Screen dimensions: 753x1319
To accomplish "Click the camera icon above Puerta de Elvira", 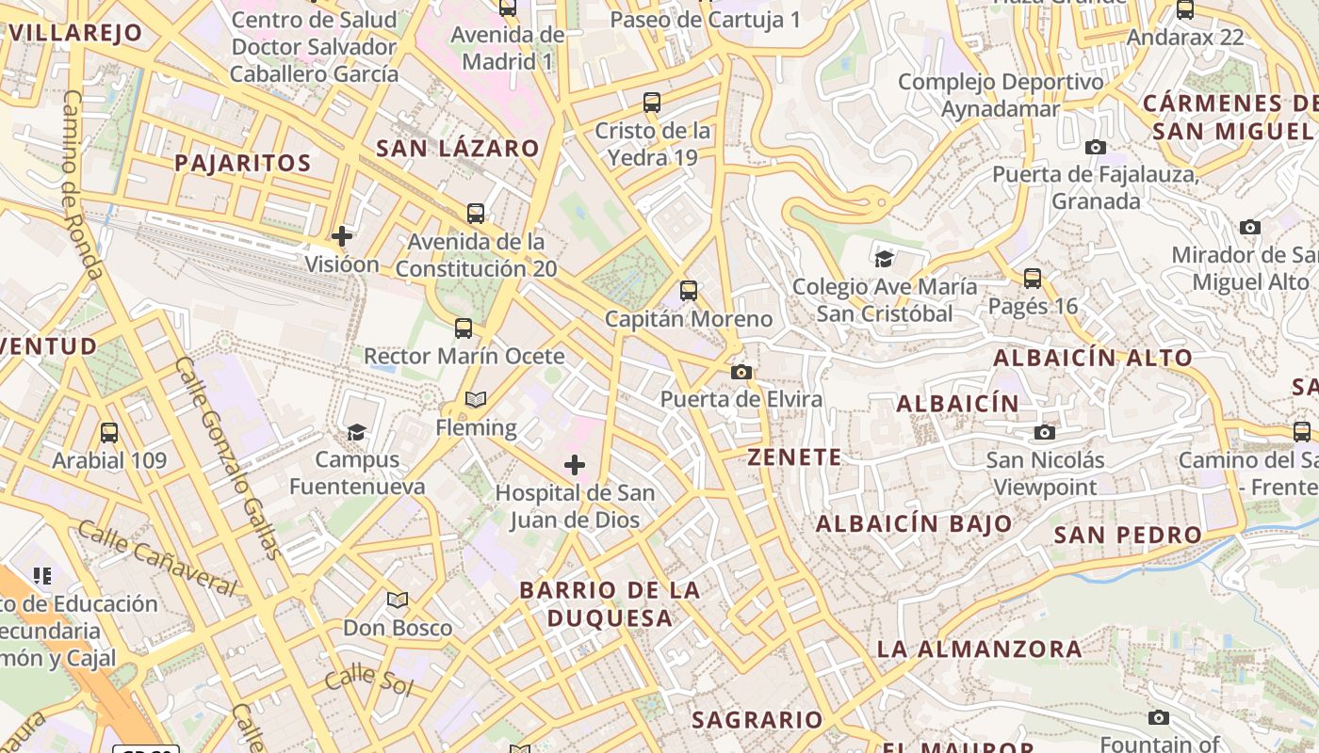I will [x=741, y=372].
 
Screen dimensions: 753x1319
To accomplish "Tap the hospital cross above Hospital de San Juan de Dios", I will [x=574, y=465].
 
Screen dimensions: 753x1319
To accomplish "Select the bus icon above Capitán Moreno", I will [x=689, y=291].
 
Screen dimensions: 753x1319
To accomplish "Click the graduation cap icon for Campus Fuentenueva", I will [x=356, y=432].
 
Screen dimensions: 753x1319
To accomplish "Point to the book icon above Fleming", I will [x=476, y=400].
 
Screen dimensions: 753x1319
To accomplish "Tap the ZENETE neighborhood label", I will [x=794, y=457].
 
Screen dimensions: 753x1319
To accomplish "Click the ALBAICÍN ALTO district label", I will [x=1093, y=358].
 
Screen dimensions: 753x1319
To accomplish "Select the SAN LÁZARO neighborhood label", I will [x=458, y=148].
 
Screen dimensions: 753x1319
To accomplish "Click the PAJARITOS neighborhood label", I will [x=243, y=163].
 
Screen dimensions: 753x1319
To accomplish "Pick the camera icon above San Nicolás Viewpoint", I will [x=1044, y=432].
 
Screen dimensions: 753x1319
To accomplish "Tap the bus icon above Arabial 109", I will [x=109, y=433].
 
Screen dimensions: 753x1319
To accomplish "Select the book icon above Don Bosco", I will [x=398, y=600].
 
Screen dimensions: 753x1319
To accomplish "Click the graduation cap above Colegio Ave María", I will [x=884, y=259].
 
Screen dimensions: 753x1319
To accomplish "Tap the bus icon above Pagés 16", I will [x=1033, y=279].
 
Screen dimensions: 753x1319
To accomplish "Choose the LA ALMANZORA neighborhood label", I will [x=980, y=649].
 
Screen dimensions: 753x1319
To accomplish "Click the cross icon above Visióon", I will [x=342, y=236].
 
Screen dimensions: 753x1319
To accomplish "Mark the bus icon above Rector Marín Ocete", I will [x=464, y=328].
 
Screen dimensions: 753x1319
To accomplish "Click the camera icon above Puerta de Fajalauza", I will [x=1095, y=147].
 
